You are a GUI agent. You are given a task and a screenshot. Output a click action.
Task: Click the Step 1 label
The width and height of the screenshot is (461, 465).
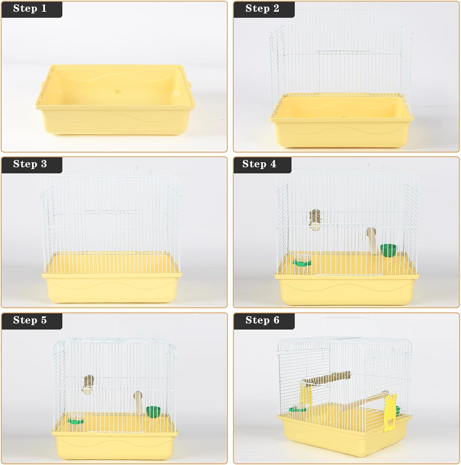click(x=30, y=8)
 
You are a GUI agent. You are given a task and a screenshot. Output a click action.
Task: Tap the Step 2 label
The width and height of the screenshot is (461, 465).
click(x=262, y=8)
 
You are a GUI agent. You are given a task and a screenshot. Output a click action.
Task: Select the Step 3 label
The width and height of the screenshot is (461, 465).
click(x=30, y=164)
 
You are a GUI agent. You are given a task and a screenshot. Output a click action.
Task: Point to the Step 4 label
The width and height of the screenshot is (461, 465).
click(x=259, y=164)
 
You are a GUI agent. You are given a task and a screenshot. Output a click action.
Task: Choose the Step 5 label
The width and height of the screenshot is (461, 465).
click(x=30, y=320)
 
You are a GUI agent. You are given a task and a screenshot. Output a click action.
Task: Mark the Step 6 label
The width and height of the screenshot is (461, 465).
click(x=262, y=320)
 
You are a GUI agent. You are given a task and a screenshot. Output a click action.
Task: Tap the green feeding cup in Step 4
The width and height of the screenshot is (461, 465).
click(x=389, y=250)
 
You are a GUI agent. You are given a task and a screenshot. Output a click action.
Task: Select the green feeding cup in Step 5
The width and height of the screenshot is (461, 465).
click(x=153, y=412)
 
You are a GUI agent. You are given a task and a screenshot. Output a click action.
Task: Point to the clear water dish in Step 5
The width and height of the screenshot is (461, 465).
click(x=76, y=418)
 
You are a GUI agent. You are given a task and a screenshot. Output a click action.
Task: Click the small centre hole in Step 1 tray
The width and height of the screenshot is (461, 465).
click(x=117, y=91)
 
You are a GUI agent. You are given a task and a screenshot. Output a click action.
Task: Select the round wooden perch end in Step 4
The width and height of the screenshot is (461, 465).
click(x=315, y=220)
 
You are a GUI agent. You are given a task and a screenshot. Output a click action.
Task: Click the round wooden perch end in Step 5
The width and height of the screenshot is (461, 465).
click(x=88, y=384)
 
